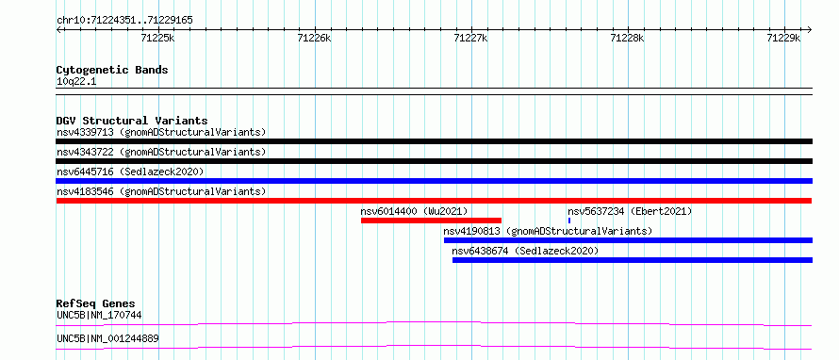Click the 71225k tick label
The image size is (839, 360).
[158, 38]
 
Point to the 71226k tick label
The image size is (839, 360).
[315, 38]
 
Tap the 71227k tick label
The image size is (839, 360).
[470, 38]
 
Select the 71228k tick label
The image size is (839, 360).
[627, 38]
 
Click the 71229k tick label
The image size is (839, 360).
[783, 38]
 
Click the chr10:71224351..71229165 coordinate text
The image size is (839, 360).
[124, 21]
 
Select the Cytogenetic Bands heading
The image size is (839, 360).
[112, 70]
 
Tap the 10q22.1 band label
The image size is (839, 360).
[76, 82]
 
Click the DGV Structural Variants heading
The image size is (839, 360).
[132, 121]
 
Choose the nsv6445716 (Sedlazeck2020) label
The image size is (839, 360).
[130, 172]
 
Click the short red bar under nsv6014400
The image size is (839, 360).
[431, 221]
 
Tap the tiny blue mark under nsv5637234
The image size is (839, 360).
[569, 221]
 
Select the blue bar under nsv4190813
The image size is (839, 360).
[628, 240]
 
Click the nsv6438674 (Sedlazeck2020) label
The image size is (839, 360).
[525, 251]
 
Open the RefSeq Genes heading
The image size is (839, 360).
[96, 303]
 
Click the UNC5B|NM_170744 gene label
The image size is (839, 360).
[99, 315]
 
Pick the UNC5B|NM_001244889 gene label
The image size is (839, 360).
[107, 338]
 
